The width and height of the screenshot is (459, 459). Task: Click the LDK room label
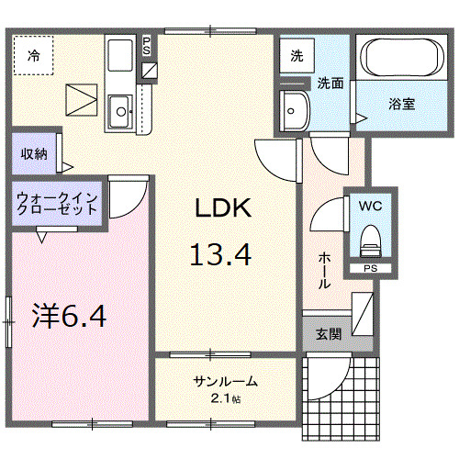click(220, 209)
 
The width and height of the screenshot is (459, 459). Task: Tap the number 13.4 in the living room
click(220, 252)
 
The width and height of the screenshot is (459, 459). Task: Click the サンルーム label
click(225, 381)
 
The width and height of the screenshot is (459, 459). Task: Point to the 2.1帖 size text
click(225, 398)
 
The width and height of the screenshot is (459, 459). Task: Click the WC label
click(371, 205)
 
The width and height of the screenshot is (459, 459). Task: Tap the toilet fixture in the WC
click(370, 241)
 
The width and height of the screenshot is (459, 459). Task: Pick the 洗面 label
click(330, 84)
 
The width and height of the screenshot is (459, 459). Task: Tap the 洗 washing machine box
click(296, 56)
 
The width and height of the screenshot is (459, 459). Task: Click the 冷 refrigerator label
click(33, 54)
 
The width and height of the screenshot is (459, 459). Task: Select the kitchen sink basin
click(119, 113)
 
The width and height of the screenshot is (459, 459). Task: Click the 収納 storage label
click(34, 153)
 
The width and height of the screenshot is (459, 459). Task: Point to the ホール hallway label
click(324, 270)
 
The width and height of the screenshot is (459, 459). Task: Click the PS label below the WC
click(370, 268)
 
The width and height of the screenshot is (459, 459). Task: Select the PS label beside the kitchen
click(149, 46)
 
